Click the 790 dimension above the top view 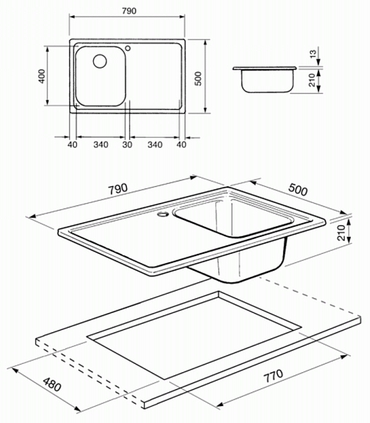click(129, 11)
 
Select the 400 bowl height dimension click(42, 76)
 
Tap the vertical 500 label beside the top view click(198, 78)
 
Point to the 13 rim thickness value click(313, 54)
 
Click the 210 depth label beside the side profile click(312, 80)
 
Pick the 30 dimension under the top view click(128, 145)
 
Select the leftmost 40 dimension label click(73, 145)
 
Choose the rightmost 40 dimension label click(182, 145)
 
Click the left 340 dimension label click(101, 145)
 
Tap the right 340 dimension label click(155, 145)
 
